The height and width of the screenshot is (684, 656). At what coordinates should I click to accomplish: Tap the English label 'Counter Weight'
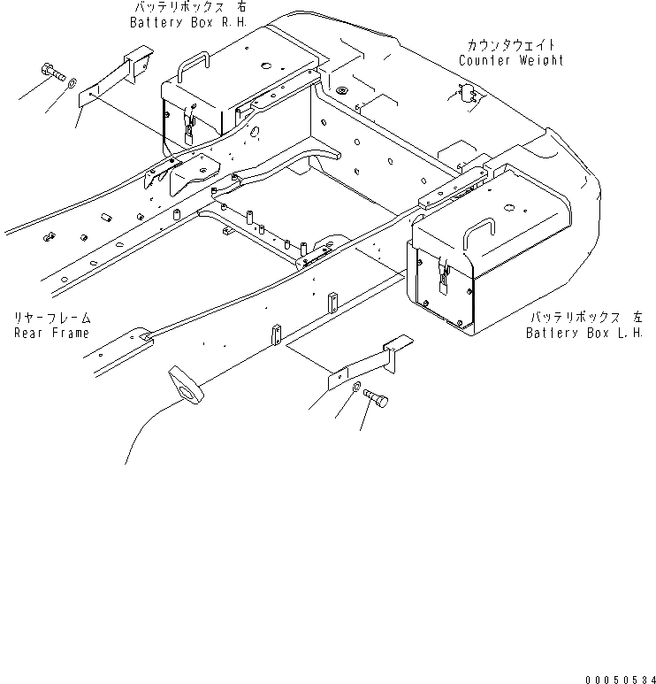(x=511, y=60)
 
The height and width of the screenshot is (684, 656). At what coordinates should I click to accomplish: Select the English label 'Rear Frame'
(x=51, y=333)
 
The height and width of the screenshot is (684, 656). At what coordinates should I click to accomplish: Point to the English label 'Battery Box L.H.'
(x=583, y=333)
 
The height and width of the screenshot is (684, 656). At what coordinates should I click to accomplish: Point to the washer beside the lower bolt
(x=355, y=389)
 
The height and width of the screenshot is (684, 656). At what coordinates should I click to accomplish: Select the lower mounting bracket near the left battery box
(x=365, y=364)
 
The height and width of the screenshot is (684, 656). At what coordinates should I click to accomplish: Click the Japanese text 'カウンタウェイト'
(x=512, y=44)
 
